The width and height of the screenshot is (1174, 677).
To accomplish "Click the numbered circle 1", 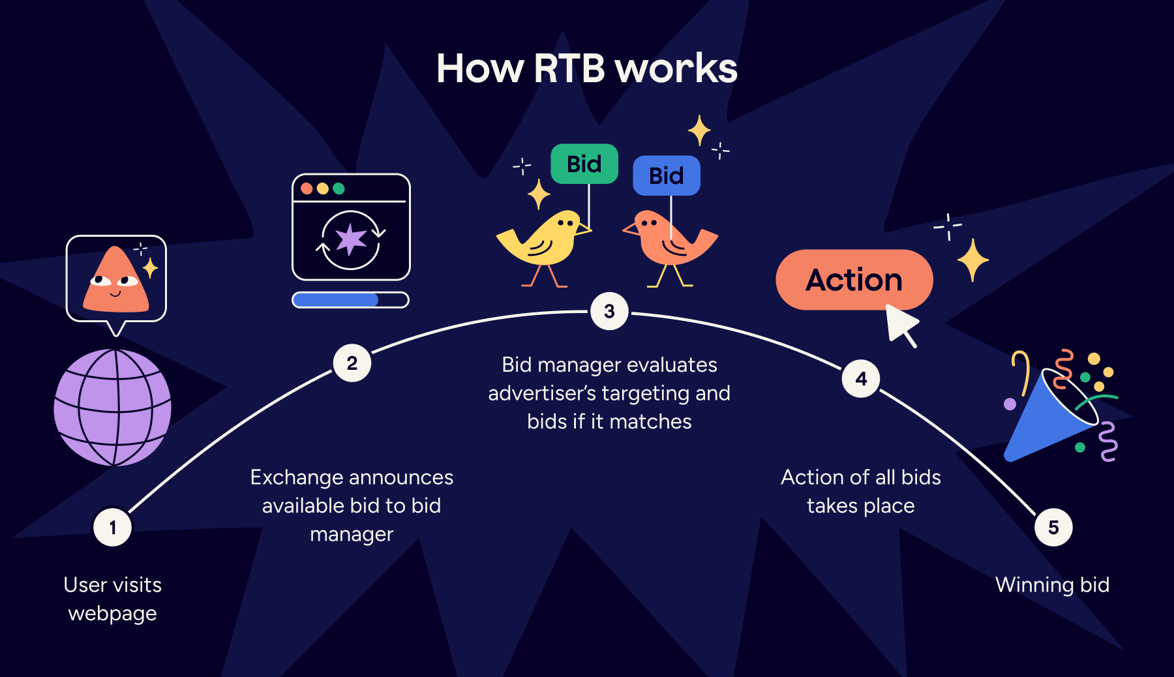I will (x=112, y=527).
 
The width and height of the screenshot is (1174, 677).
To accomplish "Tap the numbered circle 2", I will (x=352, y=363).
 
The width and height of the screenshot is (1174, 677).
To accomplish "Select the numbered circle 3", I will (x=609, y=311).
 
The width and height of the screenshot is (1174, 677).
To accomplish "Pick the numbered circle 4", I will (x=861, y=378).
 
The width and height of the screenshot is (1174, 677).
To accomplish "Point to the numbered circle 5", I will (x=1053, y=527).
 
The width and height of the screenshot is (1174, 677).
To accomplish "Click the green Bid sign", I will (x=584, y=164).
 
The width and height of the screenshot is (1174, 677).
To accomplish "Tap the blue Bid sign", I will (x=666, y=175).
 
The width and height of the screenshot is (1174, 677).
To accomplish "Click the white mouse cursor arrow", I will (x=901, y=322).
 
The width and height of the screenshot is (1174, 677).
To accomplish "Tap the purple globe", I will (x=113, y=408).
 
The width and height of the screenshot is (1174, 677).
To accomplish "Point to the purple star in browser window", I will (x=351, y=239).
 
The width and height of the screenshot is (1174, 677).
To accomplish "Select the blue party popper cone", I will (x=1047, y=421).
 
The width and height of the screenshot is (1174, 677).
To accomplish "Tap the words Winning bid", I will (x=1052, y=585).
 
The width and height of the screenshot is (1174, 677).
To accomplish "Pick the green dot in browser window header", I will (x=339, y=188).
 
